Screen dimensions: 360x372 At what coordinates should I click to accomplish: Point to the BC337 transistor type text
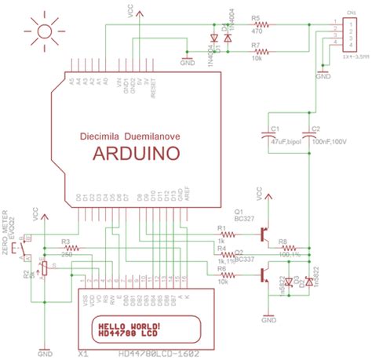pyautogui.click(x=244, y=256)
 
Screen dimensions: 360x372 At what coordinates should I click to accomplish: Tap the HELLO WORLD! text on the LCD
pyautogui.click(x=129, y=325)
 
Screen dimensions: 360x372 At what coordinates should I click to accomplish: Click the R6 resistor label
pyautogui.click(x=221, y=268)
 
